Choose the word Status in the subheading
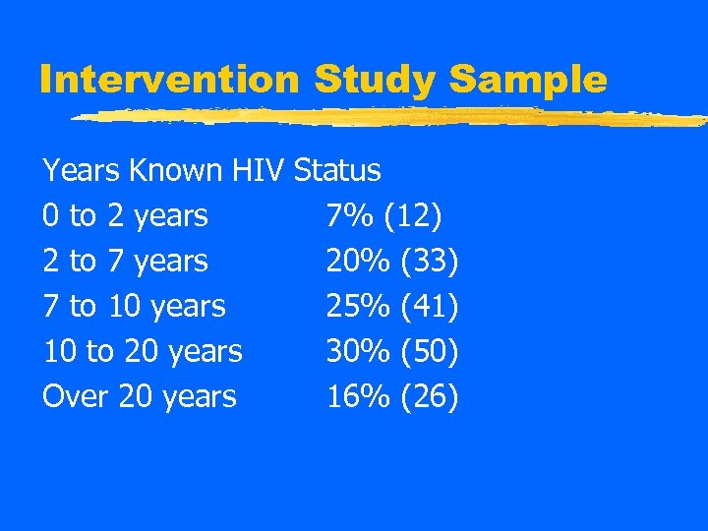(337, 170)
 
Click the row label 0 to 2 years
(125, 215)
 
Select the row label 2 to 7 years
(125, 261)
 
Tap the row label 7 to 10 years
(134, 306)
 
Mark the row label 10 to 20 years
(143, 351)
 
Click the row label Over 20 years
(140, 396)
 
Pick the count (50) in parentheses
(431, 351)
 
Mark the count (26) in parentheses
(431, 396)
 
